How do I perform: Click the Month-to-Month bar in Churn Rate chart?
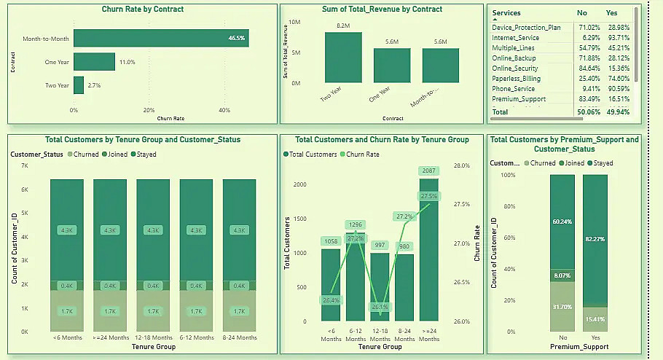pyautogui.click(x=161, y=38)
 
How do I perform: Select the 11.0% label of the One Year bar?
pyautogui.click(x=127, y=63)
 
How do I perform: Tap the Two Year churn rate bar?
pyautogui.click(x=79, y=86)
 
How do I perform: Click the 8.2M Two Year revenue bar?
pyautogui.click(x=343, y=58)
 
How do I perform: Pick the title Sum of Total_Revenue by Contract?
pyautogui.click(x=382, y=9)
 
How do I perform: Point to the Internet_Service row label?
pyautogui.click(x=516, y=37)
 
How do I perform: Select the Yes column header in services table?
pyautogui.click(x=612, y=13)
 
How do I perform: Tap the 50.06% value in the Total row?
pyautogui.click(x=587, y=112)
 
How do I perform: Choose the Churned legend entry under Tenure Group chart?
pyautogui.click(x=84, y=154)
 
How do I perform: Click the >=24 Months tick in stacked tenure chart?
pyautogui.click(x=110, y=338)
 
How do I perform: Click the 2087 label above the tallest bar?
pyautogui.click(x=428, y=171)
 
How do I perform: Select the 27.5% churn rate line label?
pyautogui.click(x=428, y=196)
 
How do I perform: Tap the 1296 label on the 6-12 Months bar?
pyautogui.click(x=355, y=224)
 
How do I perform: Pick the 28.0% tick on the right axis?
pyautogui.click(x=461, y=166)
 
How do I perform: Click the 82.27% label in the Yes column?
pyautogui.click(x=595, y=230)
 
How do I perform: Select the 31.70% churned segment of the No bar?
pyautogui.click(x=562, y=306)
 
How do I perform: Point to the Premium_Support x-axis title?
pyautogui.click(x=578, y=347)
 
